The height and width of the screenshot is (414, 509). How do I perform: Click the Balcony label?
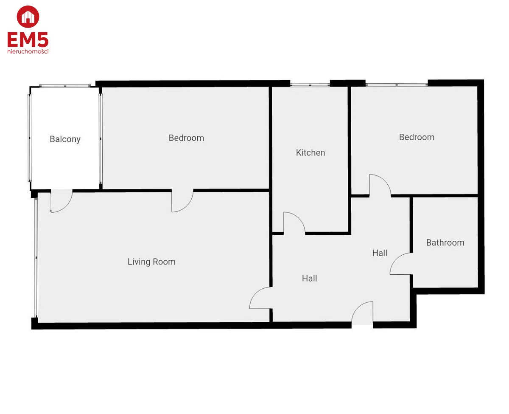click(x=65, y=139)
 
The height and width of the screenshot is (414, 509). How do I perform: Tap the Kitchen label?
click(x=310, y=152)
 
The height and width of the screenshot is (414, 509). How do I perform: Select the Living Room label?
click(x=151, y=262)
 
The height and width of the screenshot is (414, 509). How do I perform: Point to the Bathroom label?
click(x=445, y=242)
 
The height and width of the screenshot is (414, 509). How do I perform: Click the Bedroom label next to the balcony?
click(x=186, y=138)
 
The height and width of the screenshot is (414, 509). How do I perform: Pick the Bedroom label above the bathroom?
click(x=417, y=137)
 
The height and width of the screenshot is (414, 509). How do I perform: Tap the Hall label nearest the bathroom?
click(x=380, y=253)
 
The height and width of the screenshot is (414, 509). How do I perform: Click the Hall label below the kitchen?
click(x=309, y=279)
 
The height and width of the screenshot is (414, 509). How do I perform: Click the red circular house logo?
click(x=28, y=17)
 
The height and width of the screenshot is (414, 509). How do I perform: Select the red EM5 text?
click(x=28, y=40)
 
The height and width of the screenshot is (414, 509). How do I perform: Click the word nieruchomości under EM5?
click(x=28, y=51)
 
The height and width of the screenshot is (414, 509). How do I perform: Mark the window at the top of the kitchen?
click(x=310, y=84)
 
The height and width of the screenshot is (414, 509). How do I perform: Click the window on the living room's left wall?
click(x=36, y=258)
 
